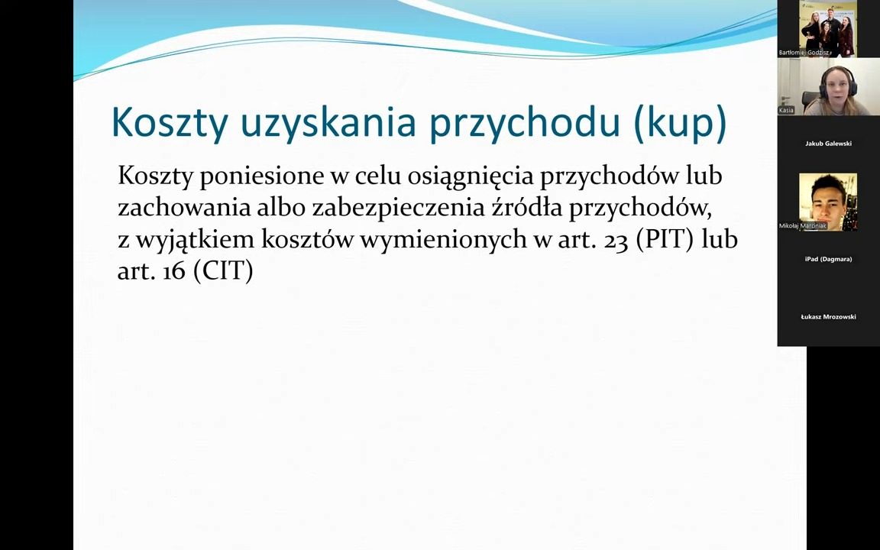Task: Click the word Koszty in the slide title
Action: point(170,121)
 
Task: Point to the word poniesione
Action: point(261,176)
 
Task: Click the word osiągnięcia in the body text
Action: point(471,177)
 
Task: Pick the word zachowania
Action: point(184,208)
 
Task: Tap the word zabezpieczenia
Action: point(399,209)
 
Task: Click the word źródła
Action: point(527,208)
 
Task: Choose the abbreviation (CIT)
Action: point(223,272)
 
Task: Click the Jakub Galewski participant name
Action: point(828,144)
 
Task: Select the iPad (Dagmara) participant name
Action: point(828,259)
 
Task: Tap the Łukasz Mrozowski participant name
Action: point(828,317)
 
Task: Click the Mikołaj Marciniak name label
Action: point(803,225)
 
